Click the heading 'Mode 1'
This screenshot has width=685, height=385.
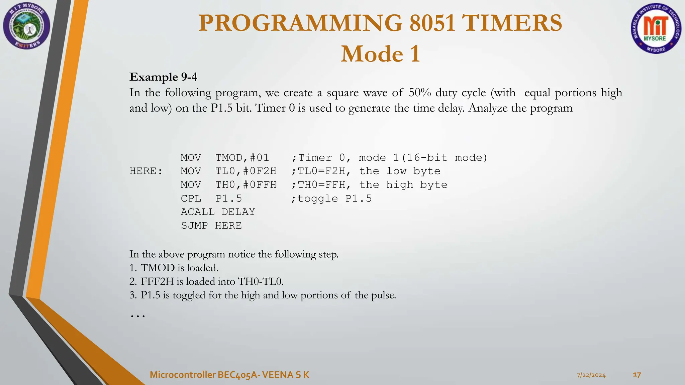tap(380, 54)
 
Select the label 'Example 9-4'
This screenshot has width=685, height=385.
tap(163, 77)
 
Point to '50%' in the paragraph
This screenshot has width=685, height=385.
tap(420, 93)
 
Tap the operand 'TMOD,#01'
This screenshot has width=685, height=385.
tap(242, 158)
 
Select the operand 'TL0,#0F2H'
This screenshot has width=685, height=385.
tap(246, 171)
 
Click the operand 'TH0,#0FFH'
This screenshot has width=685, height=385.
tap(246, 185)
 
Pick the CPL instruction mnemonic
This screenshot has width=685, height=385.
tap(191, 199)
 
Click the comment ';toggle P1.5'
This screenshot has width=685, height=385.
tap(331, 199)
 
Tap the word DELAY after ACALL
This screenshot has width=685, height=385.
tap(238, 212)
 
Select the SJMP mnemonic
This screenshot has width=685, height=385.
tap(194, 226)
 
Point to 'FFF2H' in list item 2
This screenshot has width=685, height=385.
tap(157, 281)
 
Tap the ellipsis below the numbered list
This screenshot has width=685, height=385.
tap(137, 315)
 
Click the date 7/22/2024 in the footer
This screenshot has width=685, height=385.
tap(591, 375)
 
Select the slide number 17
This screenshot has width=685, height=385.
tap(637, 375)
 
